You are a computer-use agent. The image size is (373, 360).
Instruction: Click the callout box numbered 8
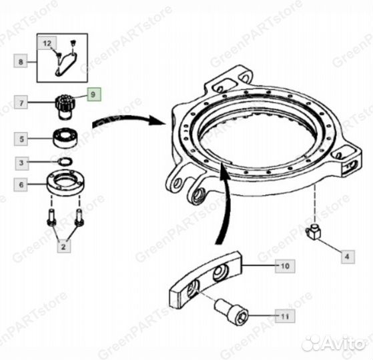[x=21, y=61]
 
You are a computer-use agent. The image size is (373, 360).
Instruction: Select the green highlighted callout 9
[x=94, y=94]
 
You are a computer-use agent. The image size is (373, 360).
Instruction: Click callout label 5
[x=21, y=139]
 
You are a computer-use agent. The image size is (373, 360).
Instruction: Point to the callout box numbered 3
[x=22, y=163]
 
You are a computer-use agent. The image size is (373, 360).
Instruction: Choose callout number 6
[x=21, y=185]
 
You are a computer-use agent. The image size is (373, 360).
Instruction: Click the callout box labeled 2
[x=64, y=246]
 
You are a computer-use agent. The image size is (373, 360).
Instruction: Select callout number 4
[x=348, y=257]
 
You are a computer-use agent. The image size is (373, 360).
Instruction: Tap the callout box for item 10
[x=285, y=266]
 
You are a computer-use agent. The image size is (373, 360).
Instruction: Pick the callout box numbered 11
[x=285, y=316]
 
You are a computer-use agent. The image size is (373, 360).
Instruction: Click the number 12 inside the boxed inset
[x=47, y=43]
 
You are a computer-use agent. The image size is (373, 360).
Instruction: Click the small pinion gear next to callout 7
[x=65, y=106]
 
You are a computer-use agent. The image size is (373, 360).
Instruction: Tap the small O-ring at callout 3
[x=65, y=161]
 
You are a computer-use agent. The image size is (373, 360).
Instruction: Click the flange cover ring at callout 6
[x=66, y=183]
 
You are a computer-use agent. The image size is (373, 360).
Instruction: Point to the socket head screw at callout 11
[x=232, y=312]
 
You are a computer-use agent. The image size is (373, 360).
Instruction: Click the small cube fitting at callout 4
[x=313, y=231]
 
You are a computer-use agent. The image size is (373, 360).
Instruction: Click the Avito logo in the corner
[x=334, y=343]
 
